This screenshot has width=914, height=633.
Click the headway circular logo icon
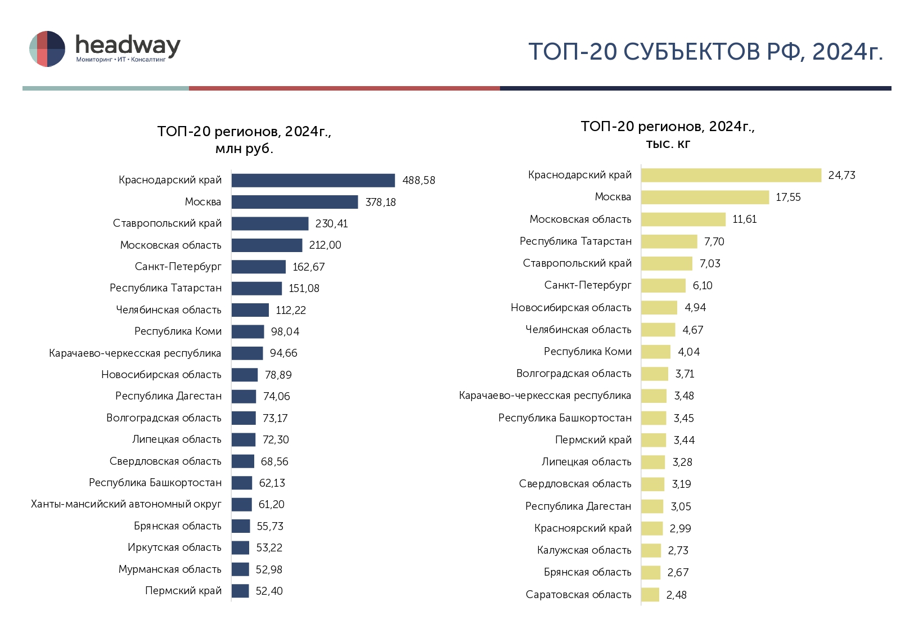[47, 49]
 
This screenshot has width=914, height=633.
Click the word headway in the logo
[128, 44]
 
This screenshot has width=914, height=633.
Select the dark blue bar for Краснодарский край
[313, 180]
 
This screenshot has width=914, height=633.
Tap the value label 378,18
[380, 202]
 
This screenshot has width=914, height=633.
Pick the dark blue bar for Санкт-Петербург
[258, 267]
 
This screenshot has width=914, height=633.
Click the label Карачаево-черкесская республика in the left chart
[135, 353]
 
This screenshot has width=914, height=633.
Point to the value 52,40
[269, 591]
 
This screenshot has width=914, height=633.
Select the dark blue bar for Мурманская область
[240, 569]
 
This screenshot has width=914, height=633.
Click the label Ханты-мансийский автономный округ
[126, 504]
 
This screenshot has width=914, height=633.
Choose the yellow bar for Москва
[705, 197]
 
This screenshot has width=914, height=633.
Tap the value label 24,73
[841, 175]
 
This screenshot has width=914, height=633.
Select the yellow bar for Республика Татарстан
[669, 241]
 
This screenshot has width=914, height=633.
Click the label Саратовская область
[578, 595]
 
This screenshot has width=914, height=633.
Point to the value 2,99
[680, 528]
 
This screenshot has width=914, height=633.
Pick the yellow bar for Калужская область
[651, 550]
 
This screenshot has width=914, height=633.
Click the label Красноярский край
[583, 528]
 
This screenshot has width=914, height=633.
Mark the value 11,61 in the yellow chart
[744, 219]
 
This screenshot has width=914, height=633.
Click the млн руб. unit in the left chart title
[244, 149]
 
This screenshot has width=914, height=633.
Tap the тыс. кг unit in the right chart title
[668, 144]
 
